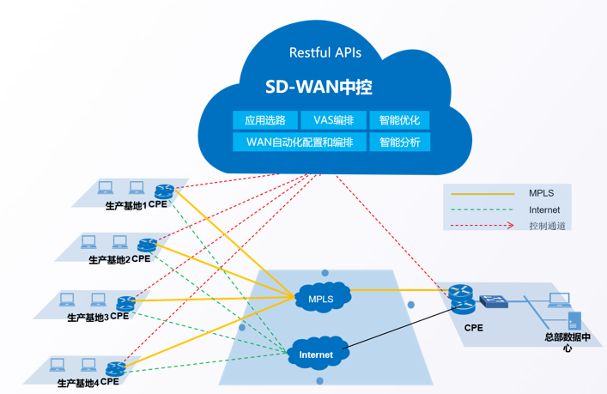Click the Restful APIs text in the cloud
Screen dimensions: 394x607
(325, 52)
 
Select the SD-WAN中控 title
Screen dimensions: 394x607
(318, 88)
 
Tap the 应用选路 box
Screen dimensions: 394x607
(265, 120)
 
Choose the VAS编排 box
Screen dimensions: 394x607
(333, 120)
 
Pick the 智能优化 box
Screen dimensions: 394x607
(399, 120)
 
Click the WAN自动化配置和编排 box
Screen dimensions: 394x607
(300, 142)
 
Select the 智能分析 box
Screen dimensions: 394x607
(399, 142)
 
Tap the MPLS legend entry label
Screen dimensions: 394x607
(542, 193)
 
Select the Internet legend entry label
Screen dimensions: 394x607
(544, 209)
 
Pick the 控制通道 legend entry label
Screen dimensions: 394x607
(547, 226)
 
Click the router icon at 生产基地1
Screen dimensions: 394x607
(164, 191)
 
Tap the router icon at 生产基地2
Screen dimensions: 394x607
(147, 245)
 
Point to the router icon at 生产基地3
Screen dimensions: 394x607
(126, 303)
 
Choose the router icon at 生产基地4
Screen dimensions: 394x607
(116, 368)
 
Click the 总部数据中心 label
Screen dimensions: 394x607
(568, 342)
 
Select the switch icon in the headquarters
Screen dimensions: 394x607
(494, 301)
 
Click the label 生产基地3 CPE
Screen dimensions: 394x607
(98, 317)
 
